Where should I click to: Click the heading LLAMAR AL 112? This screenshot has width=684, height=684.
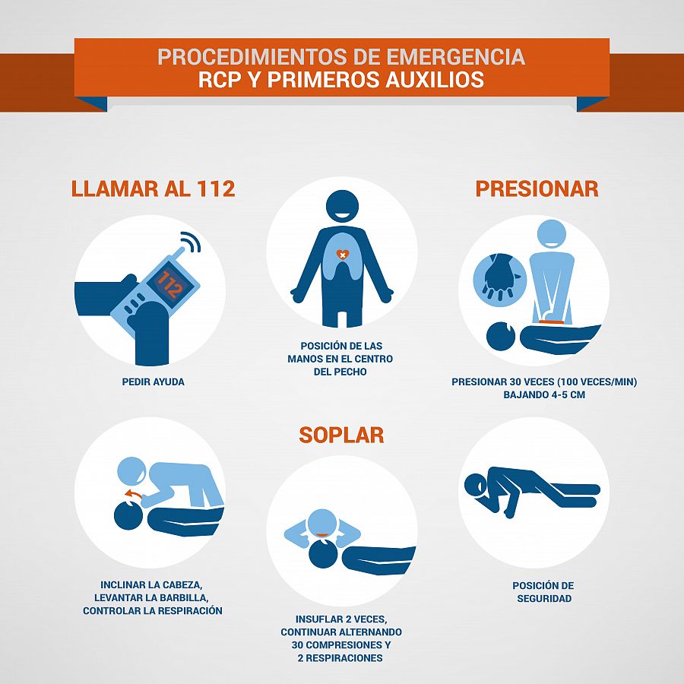[153, 188]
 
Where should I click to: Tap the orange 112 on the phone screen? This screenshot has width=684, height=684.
[169, 284]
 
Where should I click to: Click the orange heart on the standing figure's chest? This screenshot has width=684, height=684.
[343, 254]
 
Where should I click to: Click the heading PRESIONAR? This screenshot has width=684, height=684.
[537, 188]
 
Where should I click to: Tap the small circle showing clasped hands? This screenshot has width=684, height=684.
[500, 280]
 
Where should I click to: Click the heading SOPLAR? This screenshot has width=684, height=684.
[341, 435]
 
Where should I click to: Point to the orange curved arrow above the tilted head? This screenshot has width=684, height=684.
[133, 494]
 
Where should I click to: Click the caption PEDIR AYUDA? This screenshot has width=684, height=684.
[153, 382]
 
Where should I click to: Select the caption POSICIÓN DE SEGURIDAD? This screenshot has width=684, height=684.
[543, 592]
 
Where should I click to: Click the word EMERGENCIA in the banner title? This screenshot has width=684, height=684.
[455, 57]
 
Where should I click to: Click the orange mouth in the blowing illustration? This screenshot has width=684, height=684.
[323, 535]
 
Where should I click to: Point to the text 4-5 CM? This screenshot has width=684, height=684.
[565, 394]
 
